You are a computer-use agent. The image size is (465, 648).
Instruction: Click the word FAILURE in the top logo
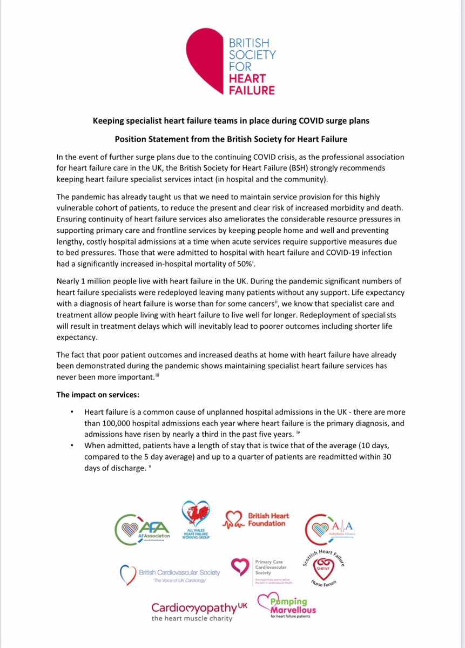254,89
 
